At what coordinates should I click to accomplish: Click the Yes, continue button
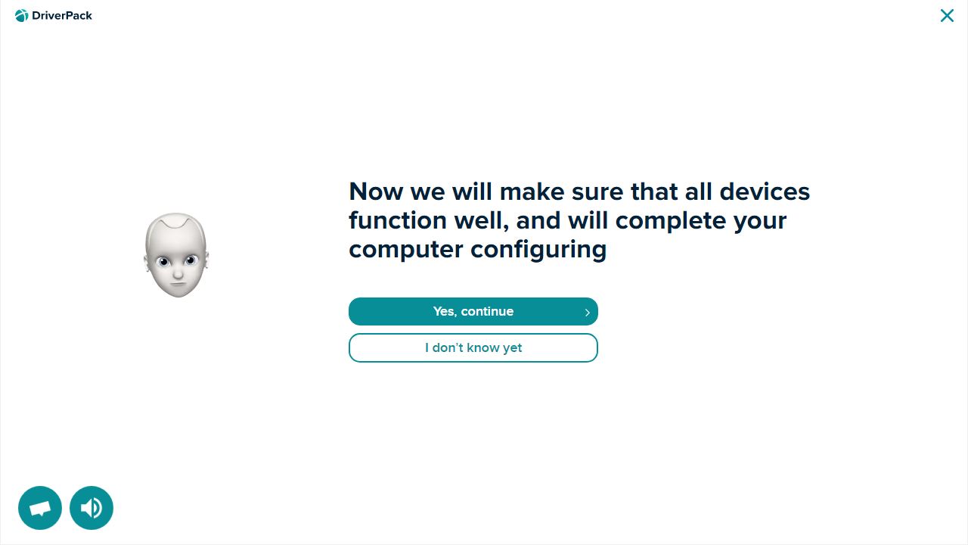point(473,311)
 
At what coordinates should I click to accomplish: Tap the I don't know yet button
point(473,347)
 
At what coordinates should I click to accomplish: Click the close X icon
point(947,16)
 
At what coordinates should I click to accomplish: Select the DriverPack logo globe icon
point(22,16)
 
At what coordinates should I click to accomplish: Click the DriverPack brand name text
point(62,16)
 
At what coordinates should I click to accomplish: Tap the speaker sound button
point(92,508)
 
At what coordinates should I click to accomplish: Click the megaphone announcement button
point(40,508)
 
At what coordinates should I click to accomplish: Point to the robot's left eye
point(190,260)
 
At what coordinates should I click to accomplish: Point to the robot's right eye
point(163,261)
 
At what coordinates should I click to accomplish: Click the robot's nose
point(178,273)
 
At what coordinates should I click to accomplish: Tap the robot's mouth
point(178,284)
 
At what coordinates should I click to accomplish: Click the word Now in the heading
point(376,192)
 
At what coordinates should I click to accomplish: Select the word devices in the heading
point(765,192)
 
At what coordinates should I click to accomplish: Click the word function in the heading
point(398,220)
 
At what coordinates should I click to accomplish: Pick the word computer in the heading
point(406,250)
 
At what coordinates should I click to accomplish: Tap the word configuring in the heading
point(538,251)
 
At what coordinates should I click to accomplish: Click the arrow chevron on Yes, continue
point(588,313)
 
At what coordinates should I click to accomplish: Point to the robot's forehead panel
point(176,222)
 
